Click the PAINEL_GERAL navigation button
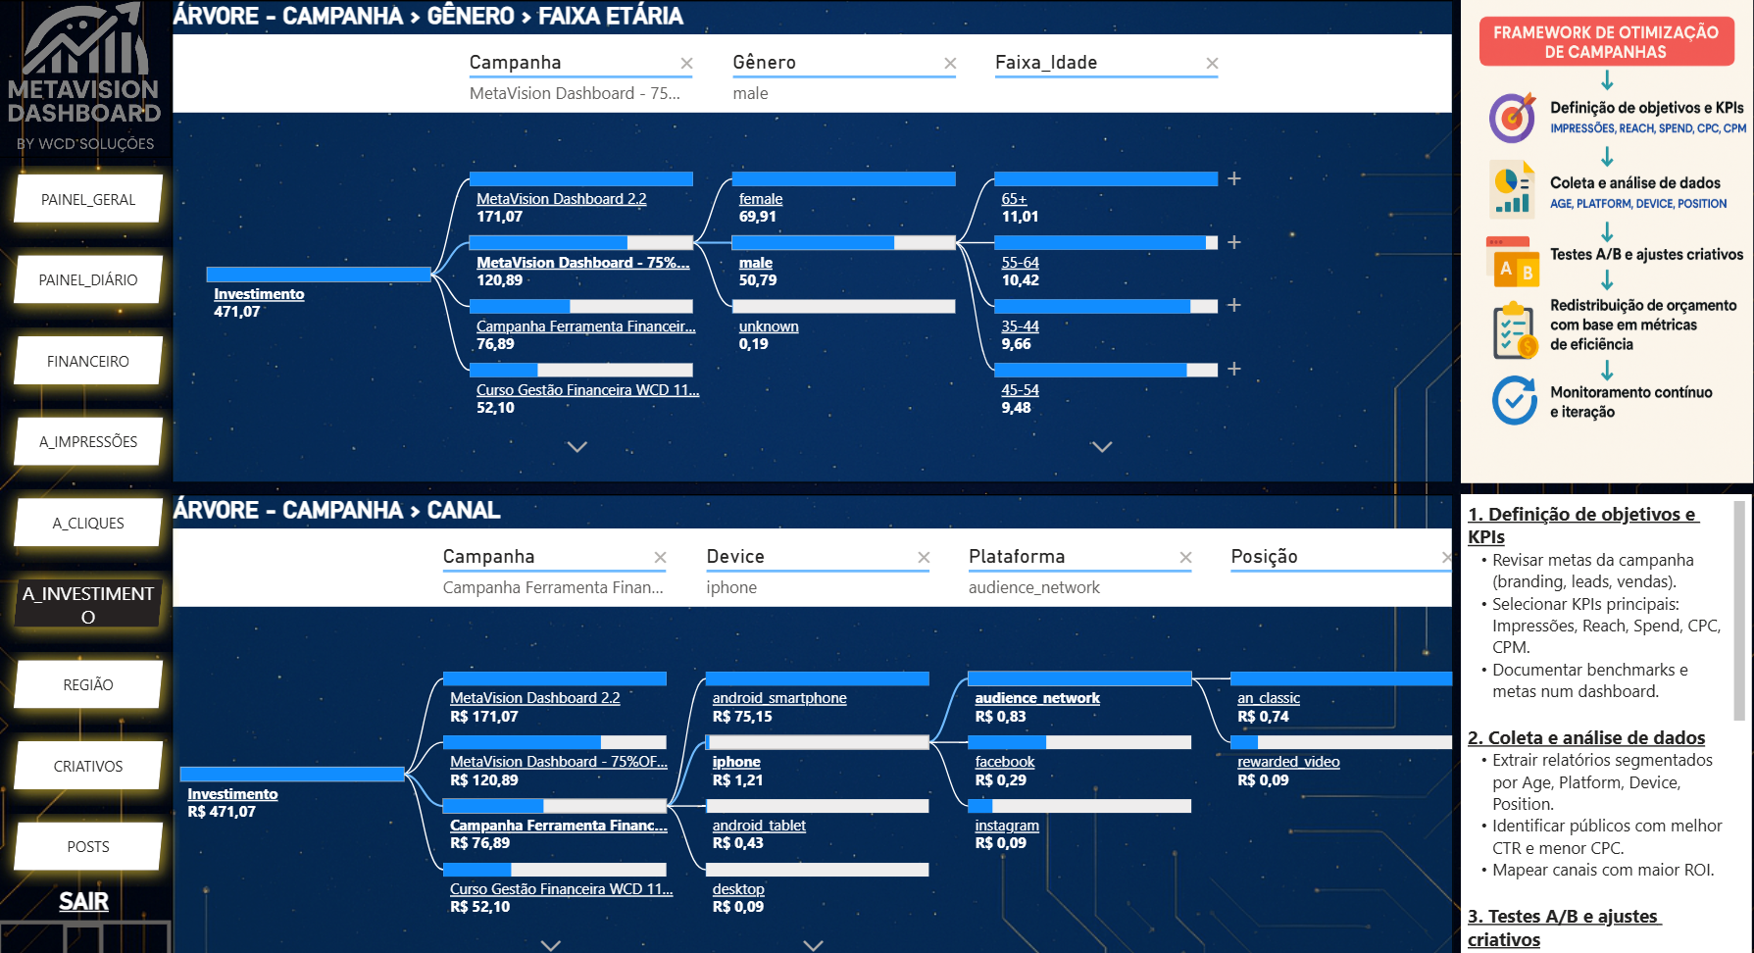tap(88, 200)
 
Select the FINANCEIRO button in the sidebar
tap(88, 362)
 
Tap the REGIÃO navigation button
tap(88, 685)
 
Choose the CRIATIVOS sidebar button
tap(88, 767)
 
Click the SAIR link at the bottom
tap(83, 902)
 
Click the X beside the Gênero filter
tap(949, 64)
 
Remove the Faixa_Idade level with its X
tap(1212, 64)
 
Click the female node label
tap(760, 199)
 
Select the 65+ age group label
tap(1014, 199)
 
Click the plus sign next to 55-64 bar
tap(1234, 242)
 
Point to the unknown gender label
tap(769, 326)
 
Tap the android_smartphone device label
tap(779, 698)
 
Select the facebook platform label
tap(1004, 762)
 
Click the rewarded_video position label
tap(1288, 762)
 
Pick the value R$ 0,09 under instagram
tap(1000, 843)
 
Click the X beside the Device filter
tap(923, 558)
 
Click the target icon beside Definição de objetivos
tap(1512, 118)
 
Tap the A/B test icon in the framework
tap(1512, 263)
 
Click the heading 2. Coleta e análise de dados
tap(1585, 738)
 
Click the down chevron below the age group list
tap(1102, 447)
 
